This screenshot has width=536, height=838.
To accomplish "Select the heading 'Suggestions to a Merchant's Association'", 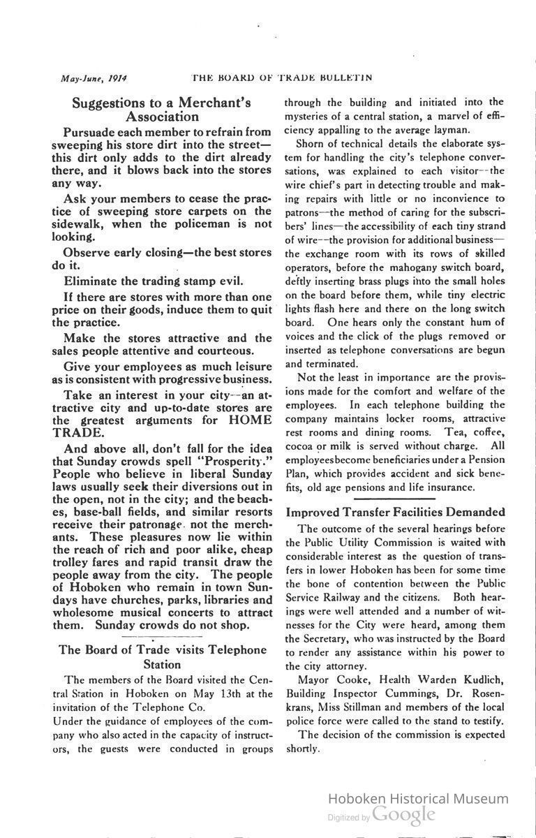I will pyautogui.click(x=162, y=110).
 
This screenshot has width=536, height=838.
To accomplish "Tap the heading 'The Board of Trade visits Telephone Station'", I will pyautogui.click(x=162, y=657).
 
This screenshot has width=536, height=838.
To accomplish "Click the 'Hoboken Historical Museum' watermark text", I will pyautogui.click(x=418, y=799).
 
